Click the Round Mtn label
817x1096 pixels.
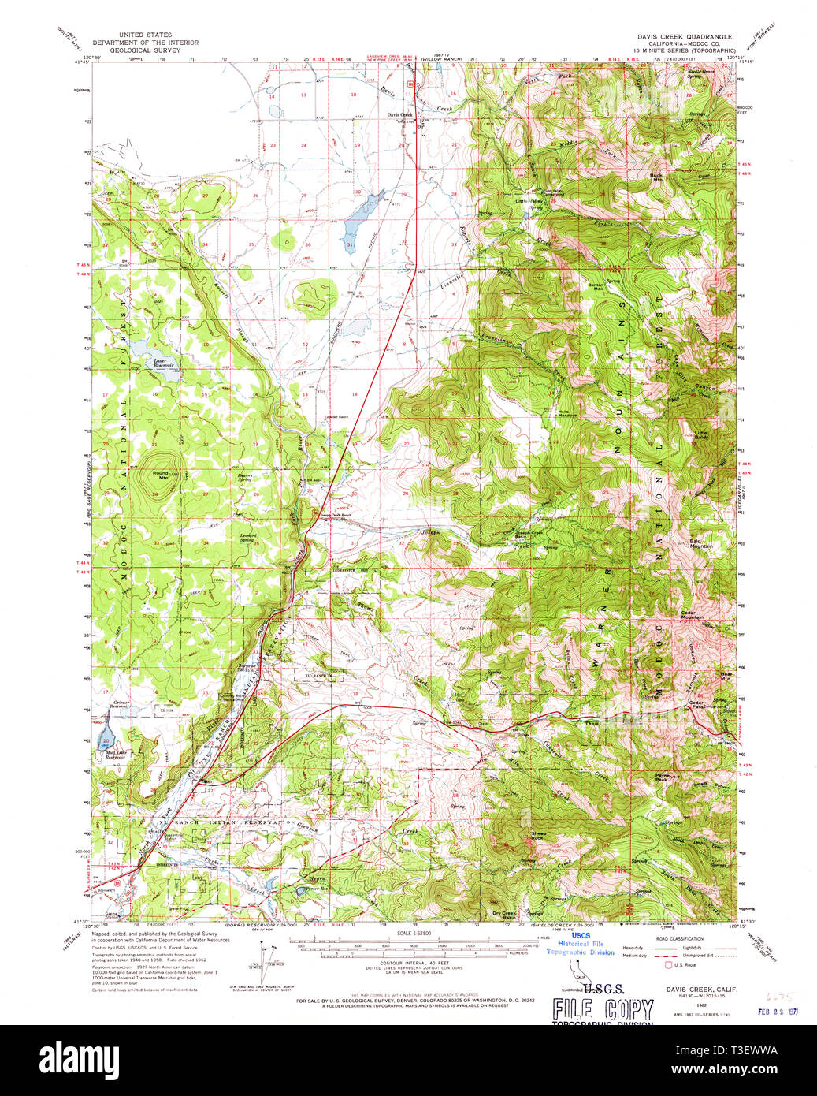(161, 475)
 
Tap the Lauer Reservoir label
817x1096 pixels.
(163, 364)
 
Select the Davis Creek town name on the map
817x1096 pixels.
(399, 114)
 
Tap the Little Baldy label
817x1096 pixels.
(700, 434)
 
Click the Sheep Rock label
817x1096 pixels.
(538, 835)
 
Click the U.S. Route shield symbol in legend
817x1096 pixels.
(669, 964)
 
